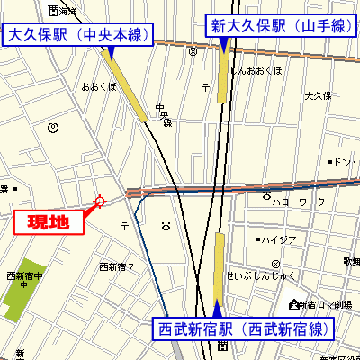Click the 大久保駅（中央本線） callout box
pyautogui.click(x=77, y=35)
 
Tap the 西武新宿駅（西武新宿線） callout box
pyautogui.click(x=240, y=328)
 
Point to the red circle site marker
pyautogui.click(x=99, y=201)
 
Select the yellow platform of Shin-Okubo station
pyautogui.click(x=223, y=77)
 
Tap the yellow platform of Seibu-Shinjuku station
pyautogui.click(x=219, y=268)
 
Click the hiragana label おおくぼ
pyautogui.click(x=98, y=87)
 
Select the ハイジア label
pyautogui.click(x=280, y=239)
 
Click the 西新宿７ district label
pyautogui.click(x=116, y=266)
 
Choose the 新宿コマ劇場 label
pyautogui.click(x=328, y=305)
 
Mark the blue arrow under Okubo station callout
pyautogui.click(x=111, y=54)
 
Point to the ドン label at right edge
pyautogui.click(x=341, y=163)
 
